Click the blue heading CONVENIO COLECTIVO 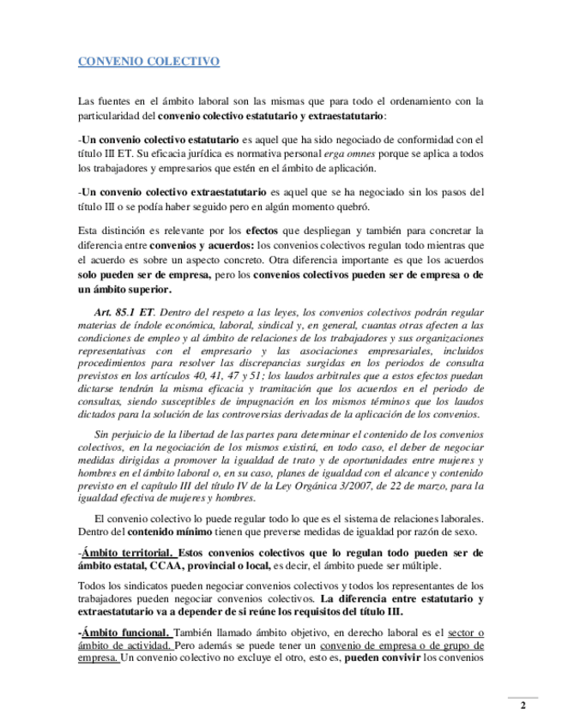coord(148,62)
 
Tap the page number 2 coord(523,706)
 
